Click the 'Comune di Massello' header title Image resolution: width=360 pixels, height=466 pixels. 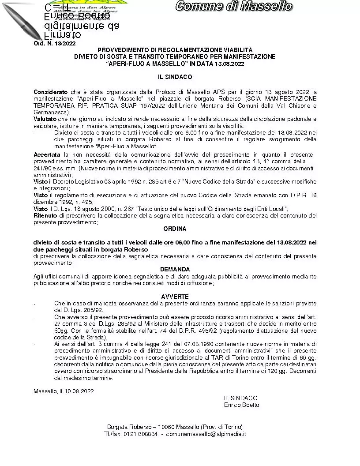[233, 6]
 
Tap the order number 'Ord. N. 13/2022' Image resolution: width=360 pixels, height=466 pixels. [55, 43]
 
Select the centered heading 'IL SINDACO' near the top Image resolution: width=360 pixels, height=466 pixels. [175, 77]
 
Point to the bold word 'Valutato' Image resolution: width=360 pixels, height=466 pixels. [45, 119]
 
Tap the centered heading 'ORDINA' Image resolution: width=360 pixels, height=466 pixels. [175, 229]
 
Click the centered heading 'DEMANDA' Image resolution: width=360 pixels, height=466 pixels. [175, 269]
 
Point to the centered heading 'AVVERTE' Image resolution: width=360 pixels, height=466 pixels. [175, 297]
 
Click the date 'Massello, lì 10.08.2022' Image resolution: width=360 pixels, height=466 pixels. [64, 391]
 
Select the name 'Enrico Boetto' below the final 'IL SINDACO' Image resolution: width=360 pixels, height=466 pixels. [241, 405]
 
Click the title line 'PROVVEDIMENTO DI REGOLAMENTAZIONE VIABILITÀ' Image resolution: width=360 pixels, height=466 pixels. [175, 50]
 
